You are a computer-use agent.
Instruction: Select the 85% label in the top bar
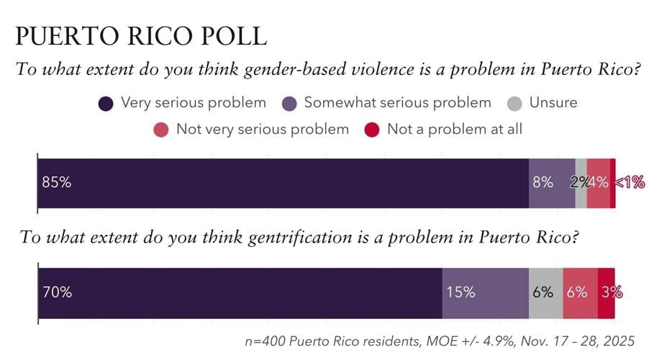(56, 183)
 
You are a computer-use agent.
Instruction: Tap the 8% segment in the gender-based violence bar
(543, 183)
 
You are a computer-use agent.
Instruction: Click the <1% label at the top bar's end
(629, 183)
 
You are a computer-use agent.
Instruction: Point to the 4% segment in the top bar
(598, 183)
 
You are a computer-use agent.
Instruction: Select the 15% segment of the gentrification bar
(461, 292)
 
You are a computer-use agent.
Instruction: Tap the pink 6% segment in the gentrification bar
(577, 292)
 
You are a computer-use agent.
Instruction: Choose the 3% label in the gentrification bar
(611, 292)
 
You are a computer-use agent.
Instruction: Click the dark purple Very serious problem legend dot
(106, 103)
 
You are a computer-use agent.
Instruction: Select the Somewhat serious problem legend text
(397, 102)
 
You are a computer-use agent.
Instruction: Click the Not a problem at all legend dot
(371, 130)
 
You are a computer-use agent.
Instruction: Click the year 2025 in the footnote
(620, 339)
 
